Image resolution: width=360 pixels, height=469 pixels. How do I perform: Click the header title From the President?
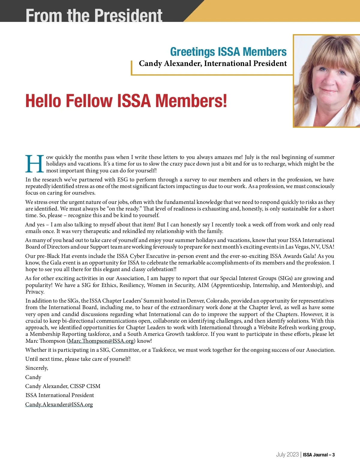(94, 15)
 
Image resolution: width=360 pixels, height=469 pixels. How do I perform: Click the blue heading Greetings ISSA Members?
(228, 52)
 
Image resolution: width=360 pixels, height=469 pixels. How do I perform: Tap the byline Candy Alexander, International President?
(213, 64)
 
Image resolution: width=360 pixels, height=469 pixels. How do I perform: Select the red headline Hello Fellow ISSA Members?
(126, 101)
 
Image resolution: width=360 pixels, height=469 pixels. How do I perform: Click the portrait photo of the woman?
(327, 81)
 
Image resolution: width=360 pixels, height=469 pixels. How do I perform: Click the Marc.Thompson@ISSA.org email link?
(101, 341)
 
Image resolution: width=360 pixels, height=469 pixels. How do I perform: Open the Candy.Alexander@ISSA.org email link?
(59, 405)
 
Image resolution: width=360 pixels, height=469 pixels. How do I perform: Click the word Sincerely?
(37, 368)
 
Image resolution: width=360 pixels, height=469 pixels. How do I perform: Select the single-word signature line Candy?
(33, 377)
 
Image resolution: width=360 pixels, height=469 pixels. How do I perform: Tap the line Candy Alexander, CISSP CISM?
(63, 386)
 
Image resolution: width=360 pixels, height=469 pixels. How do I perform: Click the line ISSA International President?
(60, 395)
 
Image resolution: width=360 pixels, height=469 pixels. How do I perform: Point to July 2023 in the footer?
(287, 455)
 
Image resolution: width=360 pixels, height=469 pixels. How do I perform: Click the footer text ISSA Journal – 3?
(319, 455)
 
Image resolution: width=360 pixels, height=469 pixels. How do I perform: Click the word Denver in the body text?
(195, 301)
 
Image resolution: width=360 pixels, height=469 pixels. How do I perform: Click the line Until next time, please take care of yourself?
(78, 359)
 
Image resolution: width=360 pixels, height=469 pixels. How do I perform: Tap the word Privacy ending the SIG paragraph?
(35, 292)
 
